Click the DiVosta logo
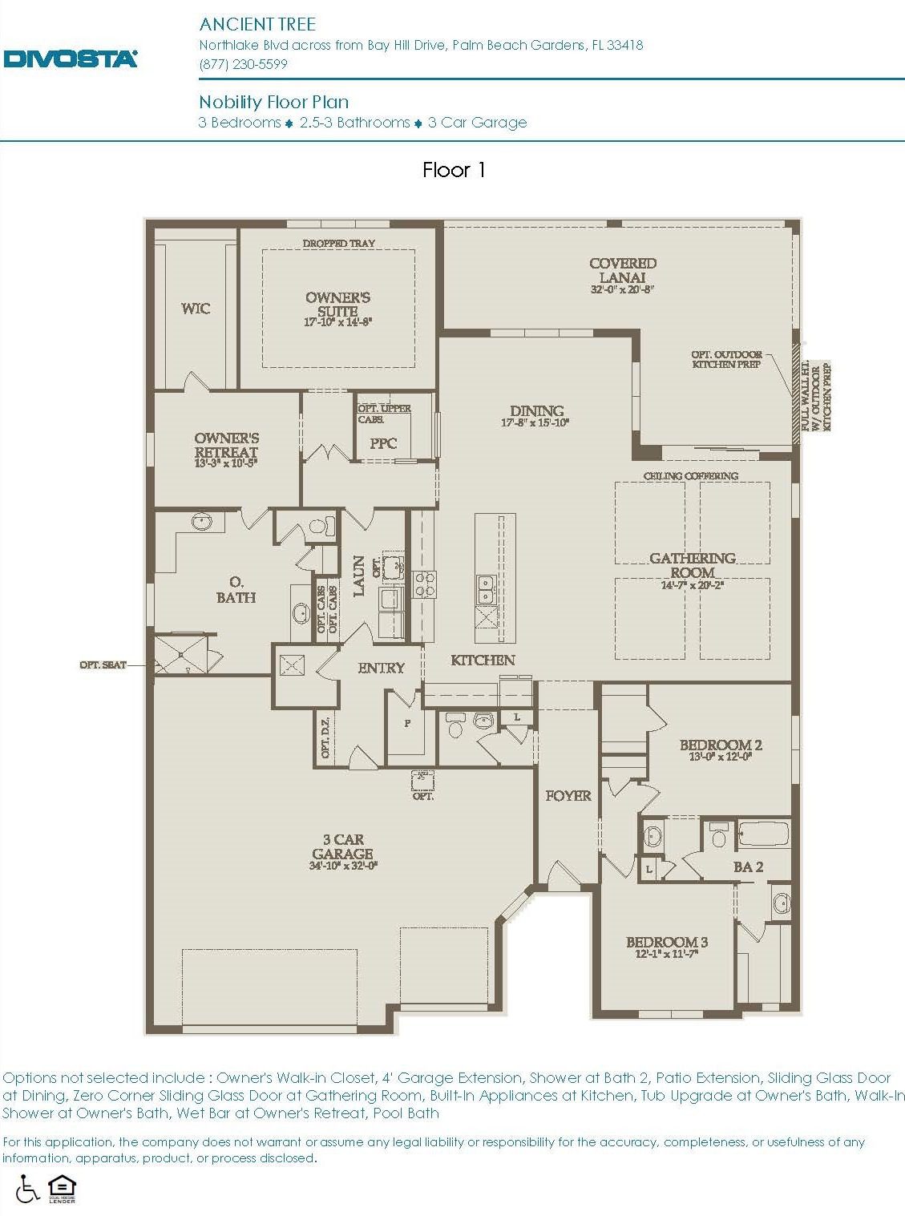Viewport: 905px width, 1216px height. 71,59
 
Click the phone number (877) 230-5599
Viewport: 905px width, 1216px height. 243,64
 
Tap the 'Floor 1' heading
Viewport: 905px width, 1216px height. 454,170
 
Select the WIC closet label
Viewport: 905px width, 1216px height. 196,309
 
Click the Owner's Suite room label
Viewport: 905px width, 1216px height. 337,304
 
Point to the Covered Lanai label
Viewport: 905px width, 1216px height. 623,270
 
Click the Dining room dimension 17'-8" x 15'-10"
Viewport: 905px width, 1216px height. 536,423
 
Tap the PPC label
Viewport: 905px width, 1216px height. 383,443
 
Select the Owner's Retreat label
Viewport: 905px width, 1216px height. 226,445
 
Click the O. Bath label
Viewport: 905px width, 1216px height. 236,589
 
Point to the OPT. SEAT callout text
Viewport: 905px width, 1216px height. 103,665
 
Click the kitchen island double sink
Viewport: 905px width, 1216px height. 486,589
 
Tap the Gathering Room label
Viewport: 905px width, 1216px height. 693,565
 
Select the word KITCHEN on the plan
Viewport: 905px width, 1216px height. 483,660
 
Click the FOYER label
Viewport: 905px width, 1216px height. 568,796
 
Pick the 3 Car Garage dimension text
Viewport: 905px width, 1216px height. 343,866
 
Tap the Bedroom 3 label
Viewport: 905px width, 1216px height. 667,942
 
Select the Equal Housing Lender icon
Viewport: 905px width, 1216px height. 61,1188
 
